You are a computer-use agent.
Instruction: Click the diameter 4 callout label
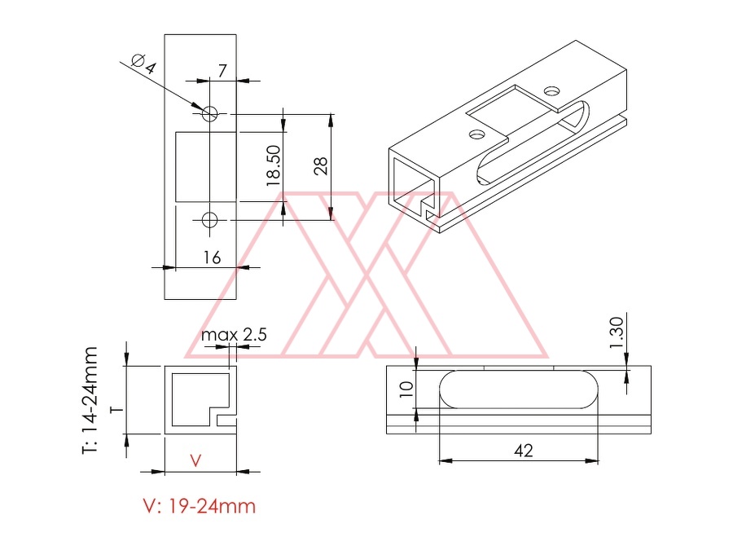click(x=143, y=64)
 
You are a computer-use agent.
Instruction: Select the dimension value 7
click(x=222, y=70)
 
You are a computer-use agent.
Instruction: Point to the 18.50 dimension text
click(x=274, y=165)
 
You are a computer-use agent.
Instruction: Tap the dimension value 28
click(x=321, y=166)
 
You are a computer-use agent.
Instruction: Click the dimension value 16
click(x=212, y=257)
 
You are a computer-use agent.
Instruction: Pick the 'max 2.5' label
click(x=234, y=334)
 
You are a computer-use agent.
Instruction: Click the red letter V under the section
click(x=195, y=460)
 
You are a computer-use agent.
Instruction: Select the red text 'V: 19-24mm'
click(x=200, y=506)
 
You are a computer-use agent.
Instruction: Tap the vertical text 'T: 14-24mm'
click(x=90, y=400)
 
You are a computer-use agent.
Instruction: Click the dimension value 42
click(x=523, y=451)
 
